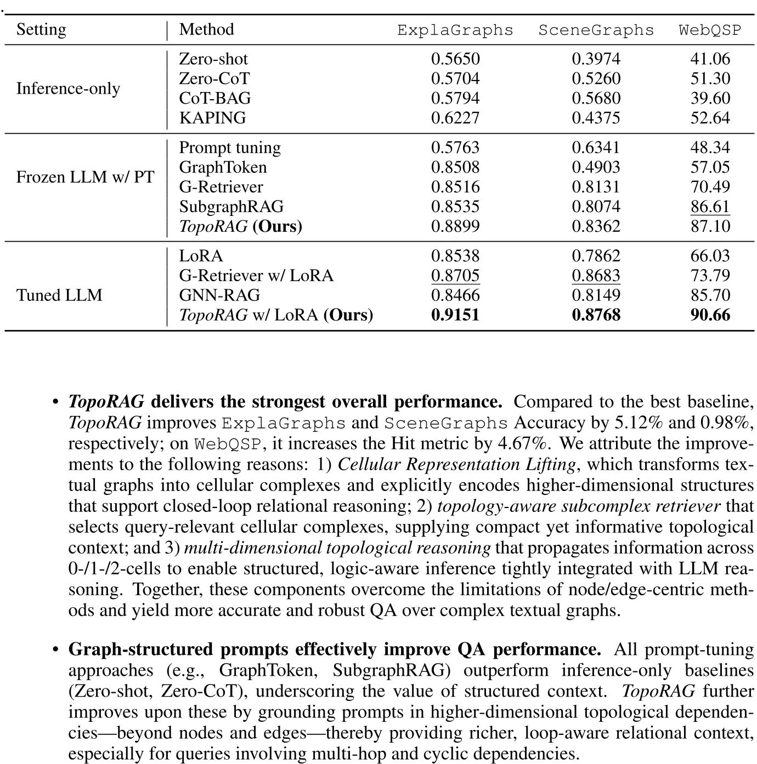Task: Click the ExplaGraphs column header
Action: (455, 30)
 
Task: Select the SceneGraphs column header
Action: (596, 30)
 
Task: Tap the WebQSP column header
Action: (710, 30)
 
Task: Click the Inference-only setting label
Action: (68, 88)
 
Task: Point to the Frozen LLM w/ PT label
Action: (85, 177)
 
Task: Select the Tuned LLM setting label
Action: (59, 295)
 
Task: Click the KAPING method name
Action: (212, 118)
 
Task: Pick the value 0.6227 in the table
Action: (455, 118)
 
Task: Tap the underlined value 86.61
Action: (710, 207)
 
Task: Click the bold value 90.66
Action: (710, 315)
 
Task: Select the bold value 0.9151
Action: (455, 315)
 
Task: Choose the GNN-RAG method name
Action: (219, 295)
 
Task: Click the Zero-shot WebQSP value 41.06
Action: (710, 59)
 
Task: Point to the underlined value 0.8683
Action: (596, 275)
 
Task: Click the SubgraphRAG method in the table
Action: (231, 207)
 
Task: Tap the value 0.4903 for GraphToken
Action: (596, 167)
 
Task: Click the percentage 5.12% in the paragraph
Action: (645, 423)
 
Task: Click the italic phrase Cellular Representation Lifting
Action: (456, 464)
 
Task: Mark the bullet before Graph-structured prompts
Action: (55, 650)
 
